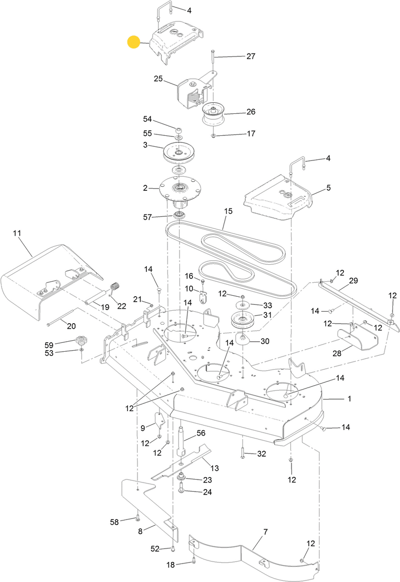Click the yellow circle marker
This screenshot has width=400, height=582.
(x=134, y=42)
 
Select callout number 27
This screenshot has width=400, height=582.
(x=250, y=56)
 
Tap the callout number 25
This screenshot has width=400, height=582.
(x=158, y=79)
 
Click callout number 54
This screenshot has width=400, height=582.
(x=147, y=119)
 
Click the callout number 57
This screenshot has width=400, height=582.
(x=147, y=217)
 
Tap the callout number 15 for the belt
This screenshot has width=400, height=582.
(x=228, y=212)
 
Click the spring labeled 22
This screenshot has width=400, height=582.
(x=115, y=288)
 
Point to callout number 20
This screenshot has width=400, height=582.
(x=71, y=326)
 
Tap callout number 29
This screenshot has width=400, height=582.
(x=353, y=282)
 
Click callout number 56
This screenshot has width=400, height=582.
(x=201, y=433)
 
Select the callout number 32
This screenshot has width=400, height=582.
(x=261, y=454)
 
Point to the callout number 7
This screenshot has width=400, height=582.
(x=265, y=532)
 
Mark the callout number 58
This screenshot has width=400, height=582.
(x=115, y=522)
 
